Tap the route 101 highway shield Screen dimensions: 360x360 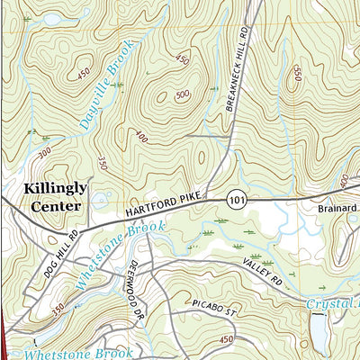click(x=236, y=196)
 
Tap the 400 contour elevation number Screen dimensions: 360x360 click(x=140, y=138)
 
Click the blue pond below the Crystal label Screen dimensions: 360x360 click(x=319, y=333)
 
